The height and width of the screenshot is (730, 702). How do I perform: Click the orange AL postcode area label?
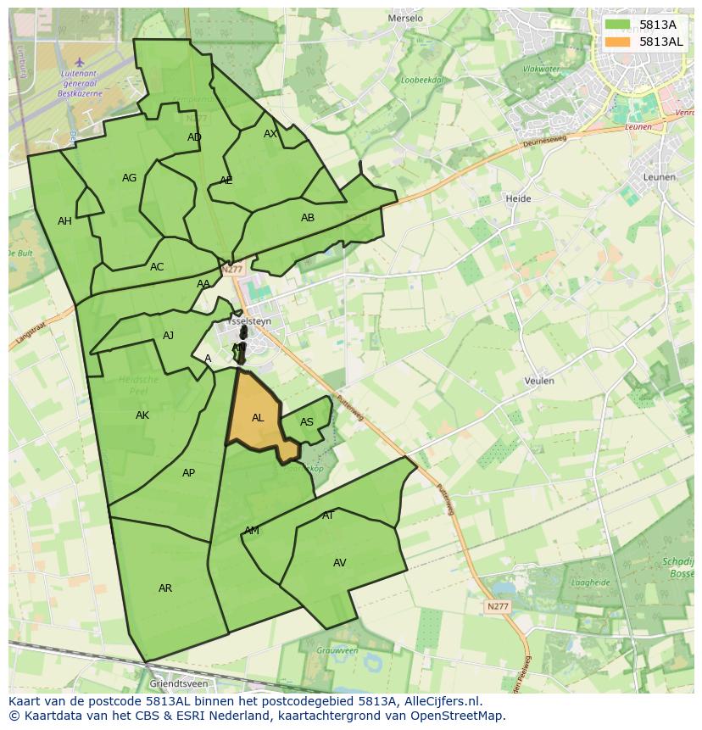click(258, 418)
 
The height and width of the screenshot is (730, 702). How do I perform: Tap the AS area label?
click(307, 422)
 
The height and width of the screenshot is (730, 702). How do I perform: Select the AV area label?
click(340, 563)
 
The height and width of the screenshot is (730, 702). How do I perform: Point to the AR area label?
click(165, 588)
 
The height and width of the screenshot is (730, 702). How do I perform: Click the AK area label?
click(142, 415)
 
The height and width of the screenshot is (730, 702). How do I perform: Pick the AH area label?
click(64, 221)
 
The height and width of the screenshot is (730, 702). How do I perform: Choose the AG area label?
click(129, 178)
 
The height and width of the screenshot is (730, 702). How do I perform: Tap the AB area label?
click(308, 218)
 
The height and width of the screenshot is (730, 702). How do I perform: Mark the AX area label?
click(270, 134)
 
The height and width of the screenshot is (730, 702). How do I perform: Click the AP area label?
click(188, 473)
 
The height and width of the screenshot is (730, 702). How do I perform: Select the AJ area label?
click(168, 336)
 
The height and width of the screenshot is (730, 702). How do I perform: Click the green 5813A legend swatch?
click(618, 25)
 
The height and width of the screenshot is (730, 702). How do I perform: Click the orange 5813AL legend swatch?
click(618, 42)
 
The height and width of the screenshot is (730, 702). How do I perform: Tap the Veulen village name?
click(539, 382)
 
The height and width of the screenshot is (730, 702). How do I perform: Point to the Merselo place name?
click(404, 18)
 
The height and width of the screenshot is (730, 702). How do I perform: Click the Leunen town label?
click(660, 177)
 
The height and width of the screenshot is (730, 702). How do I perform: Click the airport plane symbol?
click(80, 62)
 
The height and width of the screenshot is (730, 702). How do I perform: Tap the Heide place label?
click(518, 199)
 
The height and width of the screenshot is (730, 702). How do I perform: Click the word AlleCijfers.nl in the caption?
click(443, 701)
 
